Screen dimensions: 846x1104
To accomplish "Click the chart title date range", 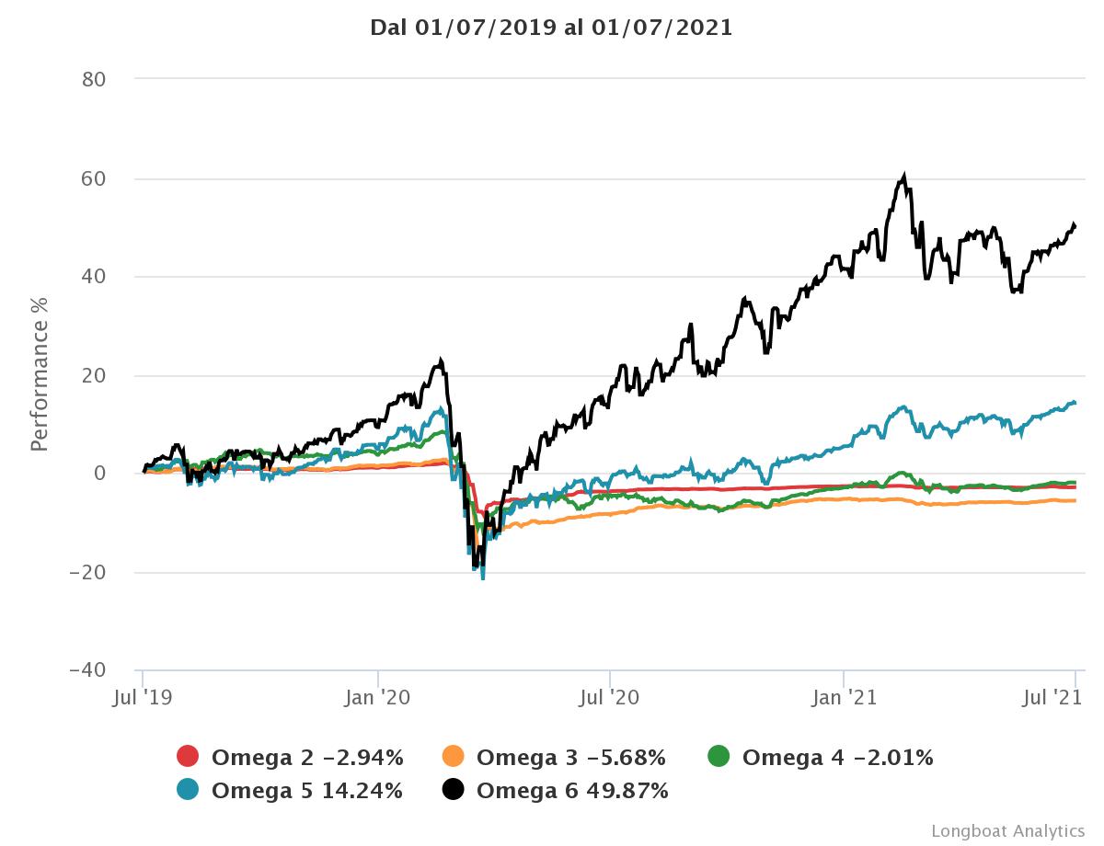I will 551,27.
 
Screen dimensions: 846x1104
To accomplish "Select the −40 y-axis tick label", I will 88,669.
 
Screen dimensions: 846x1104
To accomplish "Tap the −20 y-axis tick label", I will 88,572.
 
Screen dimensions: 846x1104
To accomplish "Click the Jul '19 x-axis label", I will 143,698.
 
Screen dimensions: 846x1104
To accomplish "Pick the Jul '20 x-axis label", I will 611,698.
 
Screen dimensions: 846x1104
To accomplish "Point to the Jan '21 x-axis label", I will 844,698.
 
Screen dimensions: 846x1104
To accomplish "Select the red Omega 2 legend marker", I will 188,758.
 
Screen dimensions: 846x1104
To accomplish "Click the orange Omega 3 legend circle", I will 453,758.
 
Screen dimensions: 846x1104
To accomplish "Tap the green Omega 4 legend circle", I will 719,758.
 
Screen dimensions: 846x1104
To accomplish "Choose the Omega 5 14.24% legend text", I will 306,790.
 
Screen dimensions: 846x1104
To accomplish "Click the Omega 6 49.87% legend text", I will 572,790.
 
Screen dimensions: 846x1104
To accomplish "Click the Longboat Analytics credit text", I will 1007,830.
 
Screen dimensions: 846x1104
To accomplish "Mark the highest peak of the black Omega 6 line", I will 905,175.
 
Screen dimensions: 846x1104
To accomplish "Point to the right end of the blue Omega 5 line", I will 1075,403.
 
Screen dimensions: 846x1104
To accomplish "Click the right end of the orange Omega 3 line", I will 1075,500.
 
